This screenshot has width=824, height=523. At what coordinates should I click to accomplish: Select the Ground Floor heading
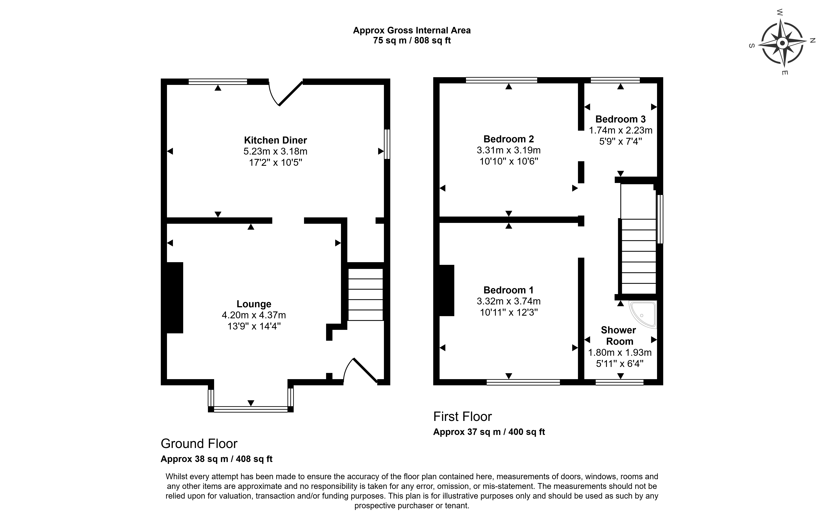(x=199, y=444)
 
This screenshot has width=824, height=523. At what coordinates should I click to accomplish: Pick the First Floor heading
(x=462, y=417)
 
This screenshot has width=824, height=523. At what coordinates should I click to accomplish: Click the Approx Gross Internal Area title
(x=412, y=30)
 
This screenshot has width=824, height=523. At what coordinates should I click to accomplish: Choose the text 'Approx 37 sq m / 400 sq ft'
(x=489, y=432)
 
